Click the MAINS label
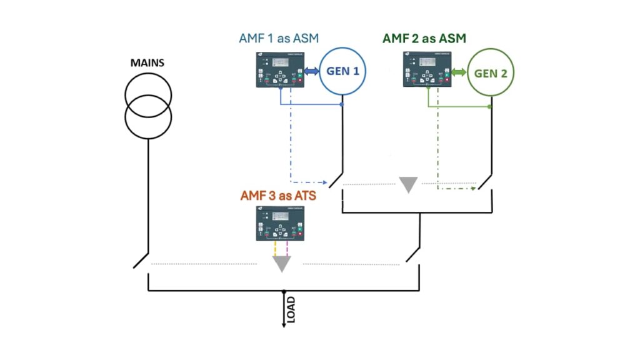(147, 64)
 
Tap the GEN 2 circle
(491, 73)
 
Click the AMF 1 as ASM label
(278, 38)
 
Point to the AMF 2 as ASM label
(424, 39)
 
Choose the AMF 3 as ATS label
(278, 196)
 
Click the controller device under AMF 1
(279, 70)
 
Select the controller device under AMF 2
(427, 70)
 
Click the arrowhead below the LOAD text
(284, 325)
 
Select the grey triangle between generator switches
(408, 185)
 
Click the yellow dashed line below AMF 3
(275, 249)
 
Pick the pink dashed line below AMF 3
(287, 249)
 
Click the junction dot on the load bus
(284, 291)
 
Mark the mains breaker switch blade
(141, 260)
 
